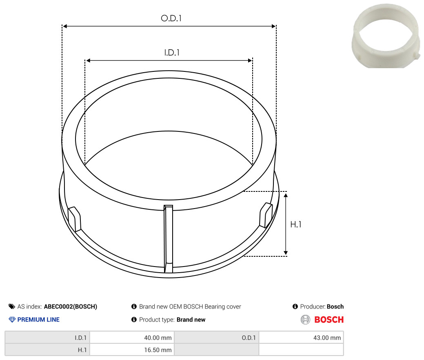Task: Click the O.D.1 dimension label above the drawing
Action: click(x=171, y=18)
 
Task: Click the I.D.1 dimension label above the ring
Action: click(x=172, y=53)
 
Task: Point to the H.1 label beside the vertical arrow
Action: click(x=295, y=224)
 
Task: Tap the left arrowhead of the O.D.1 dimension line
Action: click(x=65, y=26)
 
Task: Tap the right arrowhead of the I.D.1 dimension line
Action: click(x=250, y=60)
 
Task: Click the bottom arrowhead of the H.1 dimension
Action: click(x=286, y=253)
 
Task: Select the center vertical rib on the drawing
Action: click(x=168, y=239)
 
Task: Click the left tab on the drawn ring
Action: click(x=74, y=219)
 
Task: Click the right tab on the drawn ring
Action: click(x=266, y=215)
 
